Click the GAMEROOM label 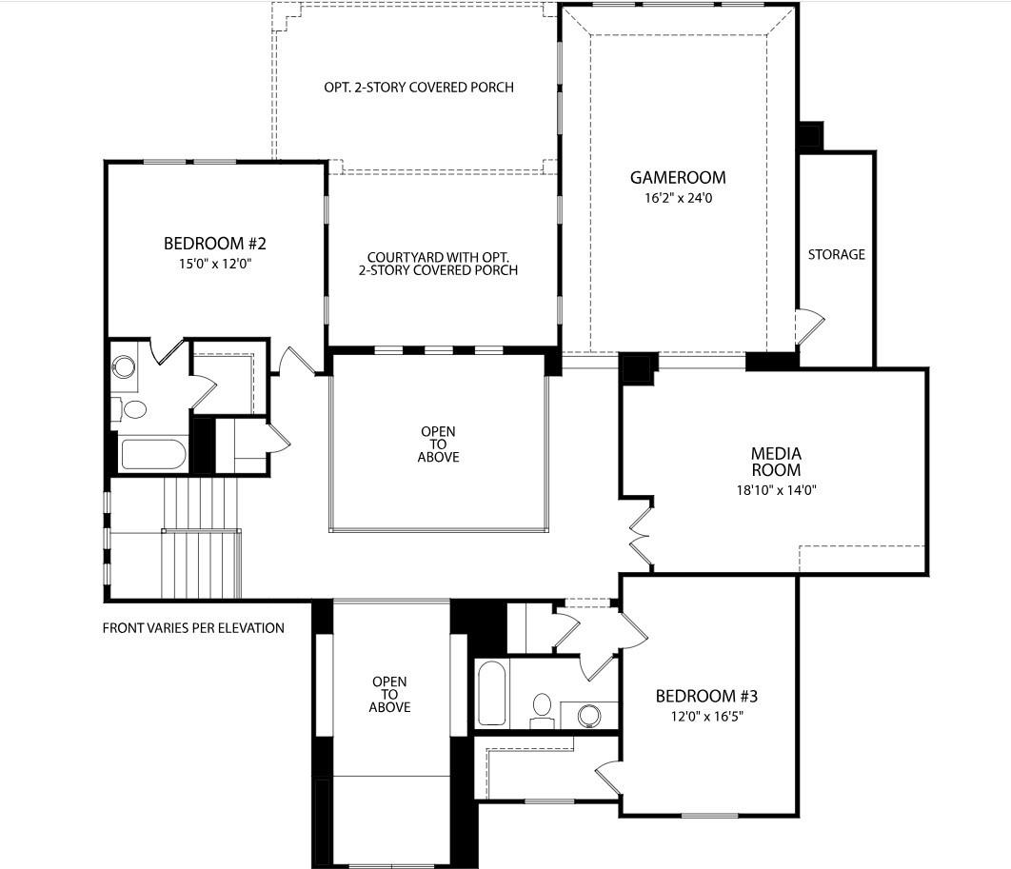[678, 177]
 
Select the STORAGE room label [836, 254]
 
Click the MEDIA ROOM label [776, 462]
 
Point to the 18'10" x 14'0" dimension [776, 491]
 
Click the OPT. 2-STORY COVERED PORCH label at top [418, 88]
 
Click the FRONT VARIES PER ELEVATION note [193, 628]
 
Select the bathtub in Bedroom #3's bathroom [491, 693]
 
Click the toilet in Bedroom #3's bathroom [542, 708]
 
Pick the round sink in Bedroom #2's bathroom [125, 366]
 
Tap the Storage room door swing [805, 326]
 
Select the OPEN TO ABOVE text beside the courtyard [438, 444]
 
